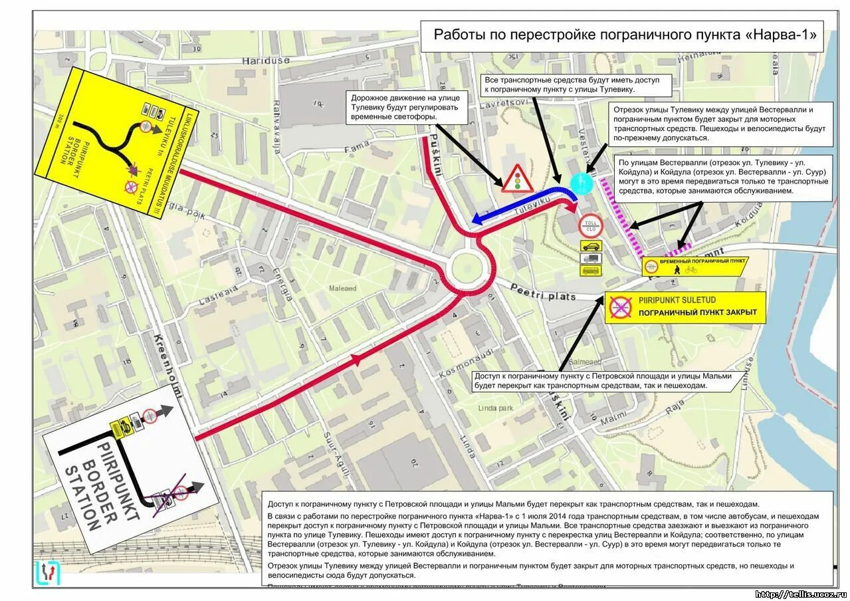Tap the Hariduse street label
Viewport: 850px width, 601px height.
coord(266,60)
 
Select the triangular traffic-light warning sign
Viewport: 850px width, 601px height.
coord(516,178)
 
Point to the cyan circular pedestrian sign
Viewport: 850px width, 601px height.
coord(582,182)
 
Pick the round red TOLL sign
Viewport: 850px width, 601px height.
coord(590,223)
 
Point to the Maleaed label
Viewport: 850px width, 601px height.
coord(343,289)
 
